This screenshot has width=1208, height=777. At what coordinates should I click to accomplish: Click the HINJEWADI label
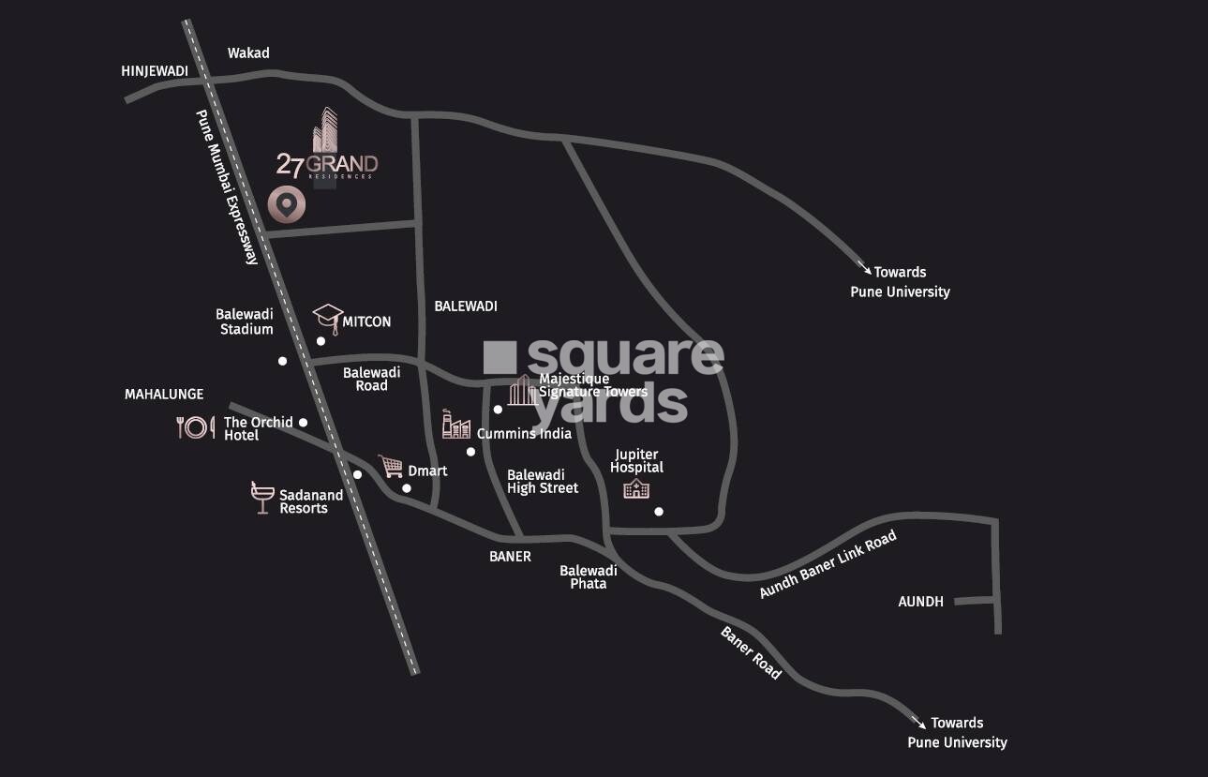pyautogui.click(x=155, y=71)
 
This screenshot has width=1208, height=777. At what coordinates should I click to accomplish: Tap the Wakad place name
pyautogui.click(x=248, y=53)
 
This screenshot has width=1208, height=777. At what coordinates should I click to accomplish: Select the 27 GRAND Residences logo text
pyautogui.click(x=327, y=165)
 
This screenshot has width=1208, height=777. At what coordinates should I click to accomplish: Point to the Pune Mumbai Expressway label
pyautogui.click(x=226, y=187)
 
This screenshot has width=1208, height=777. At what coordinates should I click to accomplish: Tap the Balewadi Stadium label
pyautogui.click(x=246, y=321)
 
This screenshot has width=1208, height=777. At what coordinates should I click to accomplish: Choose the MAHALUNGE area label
pyautogui.click(x=164, y=395)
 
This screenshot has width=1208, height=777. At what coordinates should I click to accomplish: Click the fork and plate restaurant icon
pyautogui.click(x=195, y=427)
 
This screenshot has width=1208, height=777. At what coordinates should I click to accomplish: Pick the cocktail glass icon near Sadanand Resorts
pyautogui.click(x=261, y=498)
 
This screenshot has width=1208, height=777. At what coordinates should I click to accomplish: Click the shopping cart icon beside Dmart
pyautogui.click(x=390, y=466)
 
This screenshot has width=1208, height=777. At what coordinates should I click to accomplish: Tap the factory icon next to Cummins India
pyautogui.click(x=456, y=426)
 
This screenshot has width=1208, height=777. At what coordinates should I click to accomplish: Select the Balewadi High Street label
pyautogui.click(x=543, y=481)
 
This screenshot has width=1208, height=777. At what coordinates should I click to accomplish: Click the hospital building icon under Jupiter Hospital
pyautogui.click(x=636, y=488)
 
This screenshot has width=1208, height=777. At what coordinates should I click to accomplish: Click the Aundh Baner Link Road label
pyautogui.click(x=828, y=564)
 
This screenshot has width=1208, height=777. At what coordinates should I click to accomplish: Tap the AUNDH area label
pyautogui.click(x=920, y=602)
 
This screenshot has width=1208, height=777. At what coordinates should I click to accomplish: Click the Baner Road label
pyautogui.click(x=751, y=652)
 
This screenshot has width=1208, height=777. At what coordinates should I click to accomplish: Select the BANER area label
pyautogui.click(x=510, y=557)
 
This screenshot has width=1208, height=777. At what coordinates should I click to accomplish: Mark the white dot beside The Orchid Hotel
pyautogui.click(x=303, y=423)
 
